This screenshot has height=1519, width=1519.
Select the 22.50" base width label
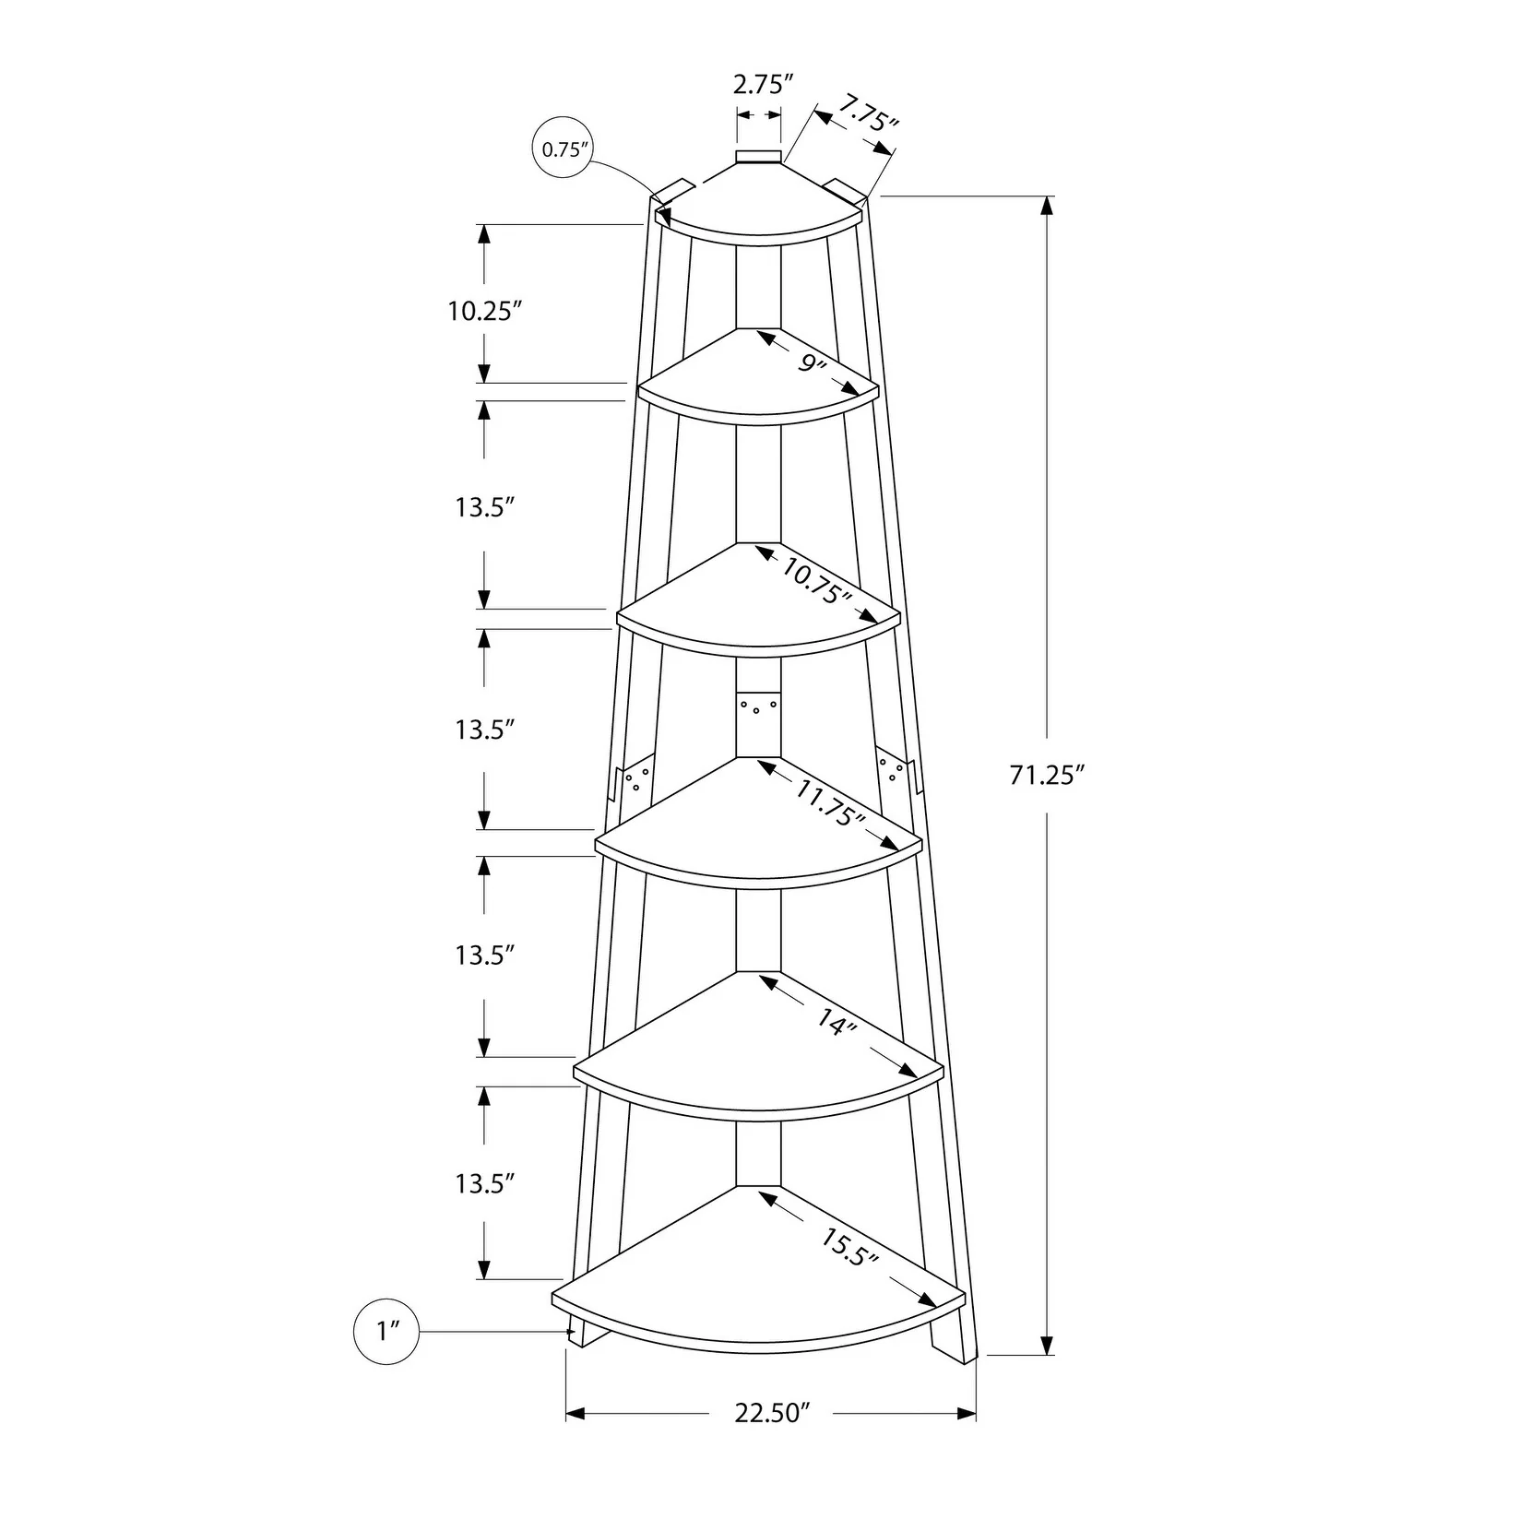pos(772,1438)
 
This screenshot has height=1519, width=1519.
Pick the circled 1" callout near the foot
pos(386,1331)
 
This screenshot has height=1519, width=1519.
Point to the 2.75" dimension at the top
pos(763,86)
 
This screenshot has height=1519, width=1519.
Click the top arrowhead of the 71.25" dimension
pos(1046,207)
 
